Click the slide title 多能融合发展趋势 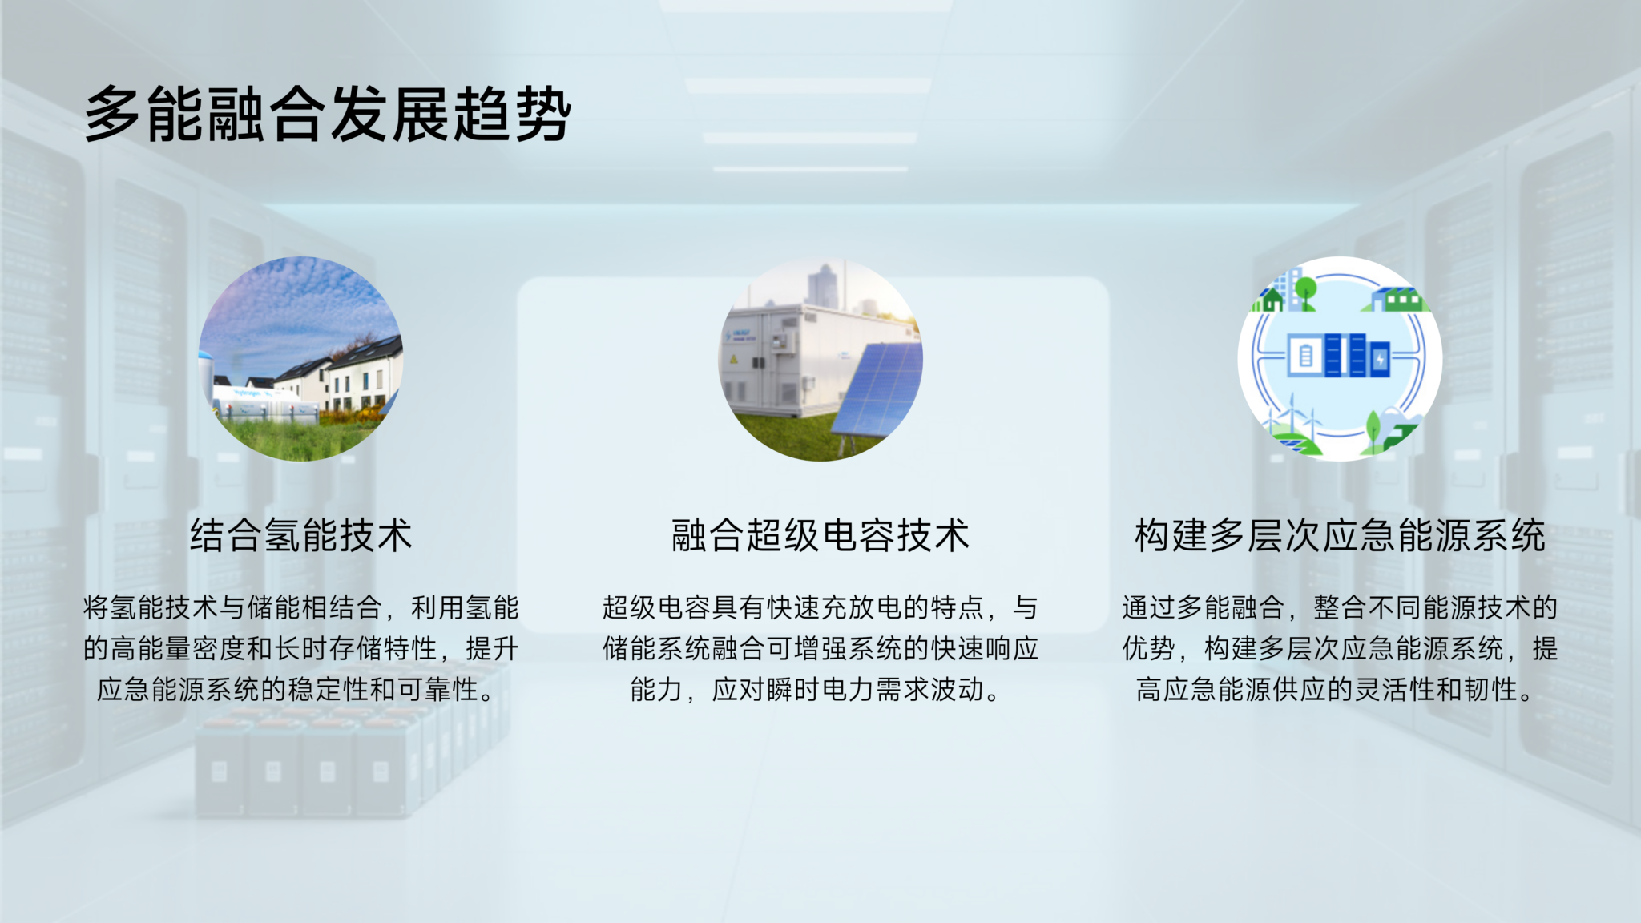pos(328,114)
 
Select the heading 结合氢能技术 pos(300,535)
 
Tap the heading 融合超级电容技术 pos(820,535)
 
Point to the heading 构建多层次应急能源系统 pos(1340,535)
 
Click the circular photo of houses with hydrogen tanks pos(300,358)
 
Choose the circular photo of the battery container pos(820,358)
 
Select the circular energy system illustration pos(1340,358)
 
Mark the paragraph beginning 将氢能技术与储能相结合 pos(300,647)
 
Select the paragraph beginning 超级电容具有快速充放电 pos(820,647)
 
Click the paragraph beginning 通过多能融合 pos(1340,647)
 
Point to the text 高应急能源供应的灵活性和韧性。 pos(1335,689)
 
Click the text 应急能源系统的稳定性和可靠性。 pos(296,689)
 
